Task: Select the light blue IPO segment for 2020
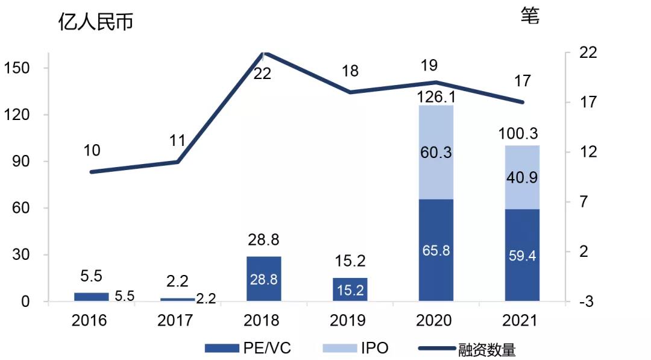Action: click(436, 152)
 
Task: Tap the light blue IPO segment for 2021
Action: click(522, 177)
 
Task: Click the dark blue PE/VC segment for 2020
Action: click(436, 250)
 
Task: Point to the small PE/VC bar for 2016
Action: click(91, 297)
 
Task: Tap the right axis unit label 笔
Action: click(530, 16)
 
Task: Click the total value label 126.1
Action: click(436, 97)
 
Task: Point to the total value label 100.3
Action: click(522, 134)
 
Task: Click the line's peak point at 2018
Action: click(263, 53)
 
